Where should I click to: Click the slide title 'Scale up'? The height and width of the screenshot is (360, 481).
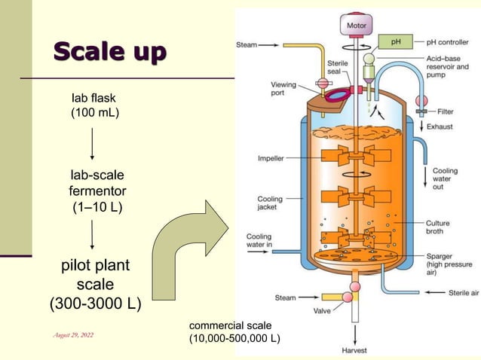(x=109, y=53)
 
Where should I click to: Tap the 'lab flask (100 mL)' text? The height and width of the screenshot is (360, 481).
(x=95, y=105)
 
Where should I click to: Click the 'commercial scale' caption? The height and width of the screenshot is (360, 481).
(x=234, y=332)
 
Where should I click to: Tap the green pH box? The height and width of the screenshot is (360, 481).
(x=395, y=41)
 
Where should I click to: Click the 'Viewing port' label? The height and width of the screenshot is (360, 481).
(x=283, y=89)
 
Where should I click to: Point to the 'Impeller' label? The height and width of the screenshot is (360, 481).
(x=271, y=159)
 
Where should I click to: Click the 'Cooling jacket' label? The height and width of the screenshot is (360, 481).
(x=270, y=204)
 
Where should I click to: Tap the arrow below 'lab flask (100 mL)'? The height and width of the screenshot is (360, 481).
(x=92, y=143)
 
